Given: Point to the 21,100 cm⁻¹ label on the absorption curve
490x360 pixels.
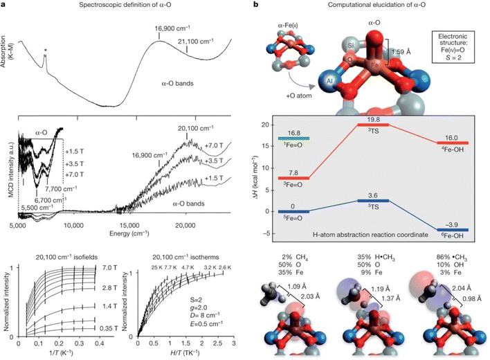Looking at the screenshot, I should (x=197, y=41).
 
